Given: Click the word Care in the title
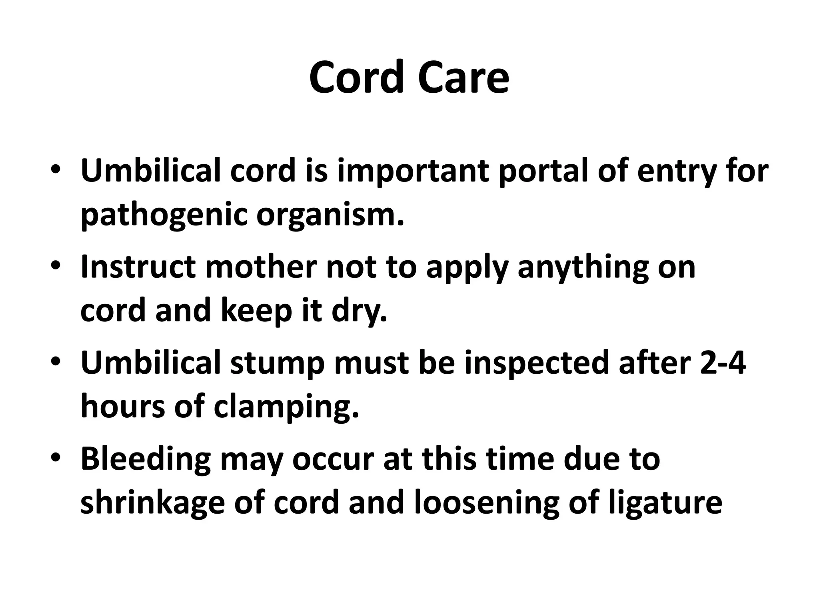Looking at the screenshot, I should click(464, 77).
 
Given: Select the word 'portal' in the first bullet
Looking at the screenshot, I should click(544, 171).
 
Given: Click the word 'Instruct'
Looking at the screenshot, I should click(138, 267).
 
